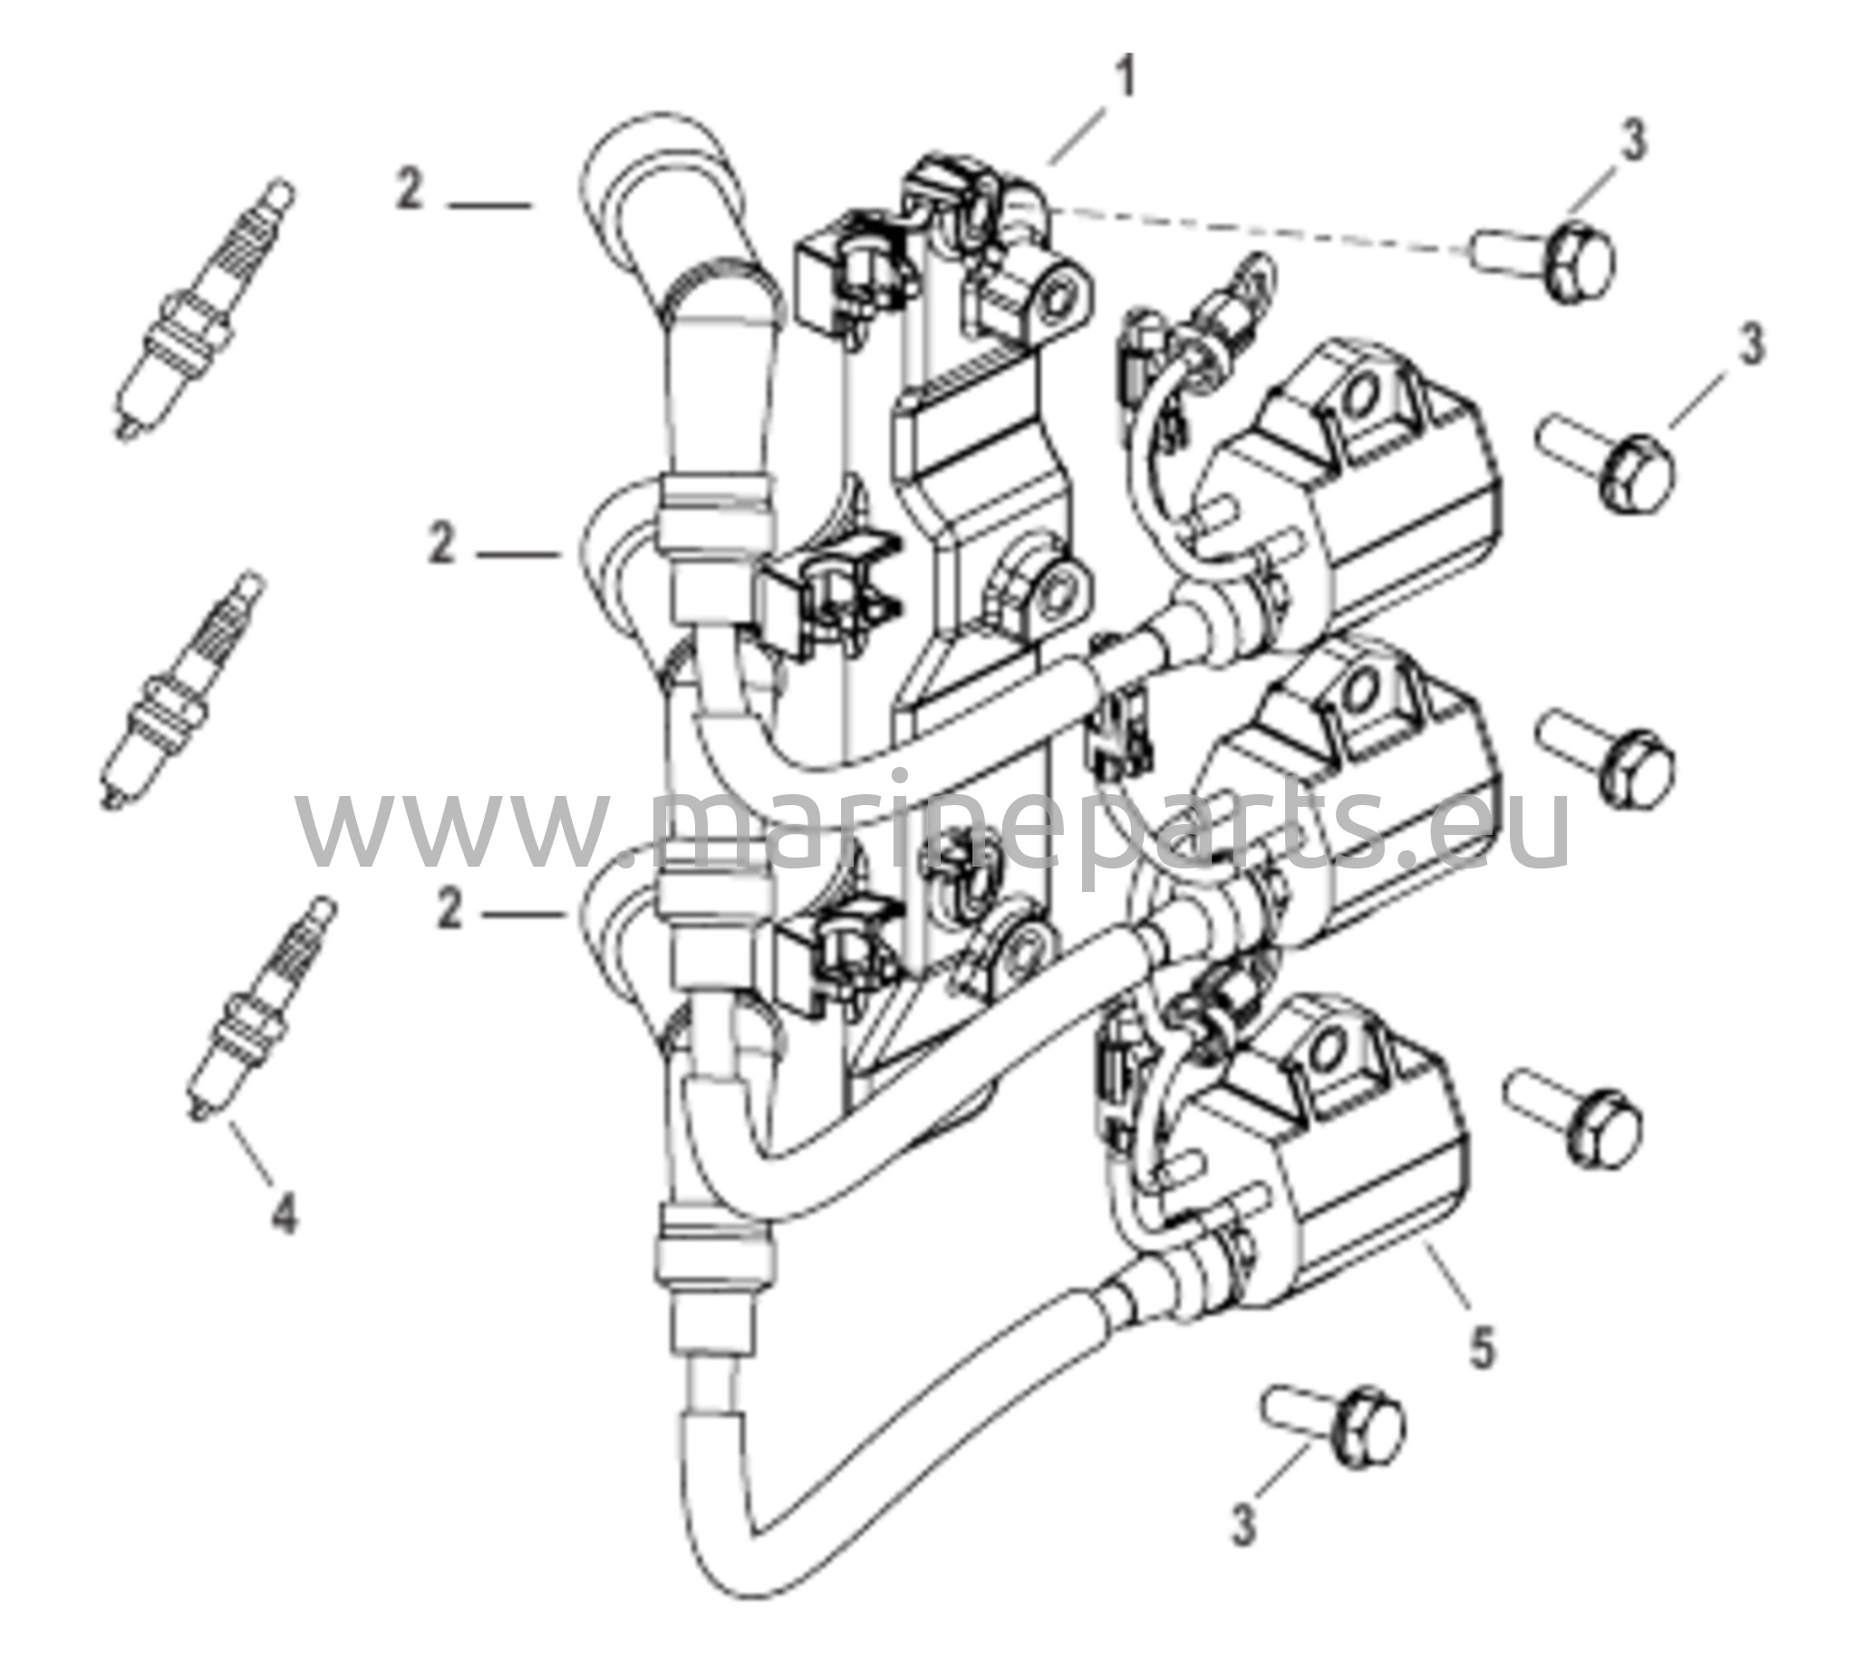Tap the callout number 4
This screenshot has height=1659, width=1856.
(285, 1213)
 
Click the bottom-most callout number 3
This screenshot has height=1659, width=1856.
(1243, 1520)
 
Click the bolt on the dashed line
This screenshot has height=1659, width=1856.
(1542, 258)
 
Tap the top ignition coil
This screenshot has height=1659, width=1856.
(1339, 483)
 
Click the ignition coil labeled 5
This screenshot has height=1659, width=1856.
(1312, 1149)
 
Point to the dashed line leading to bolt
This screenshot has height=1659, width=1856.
(1257, 229)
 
